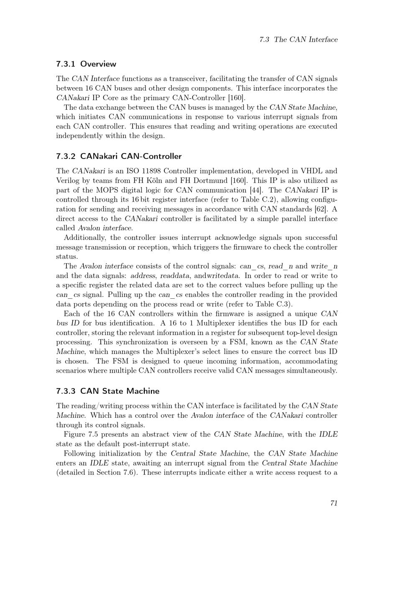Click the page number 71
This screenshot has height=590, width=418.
pyautogui.click(x=334, y=503)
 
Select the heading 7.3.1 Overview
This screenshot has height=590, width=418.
pyautogui.click(x=86, y=64)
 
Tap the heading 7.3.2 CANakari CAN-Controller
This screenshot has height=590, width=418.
pyautogui.click(x=119, y=156)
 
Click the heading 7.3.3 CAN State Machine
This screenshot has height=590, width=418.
pyautogui.click(x=107, y=391)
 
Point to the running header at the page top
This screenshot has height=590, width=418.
pyautogui.click(x=298, y=40)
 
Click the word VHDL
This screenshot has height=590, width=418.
pyautogui.click(x=310, y=171)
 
